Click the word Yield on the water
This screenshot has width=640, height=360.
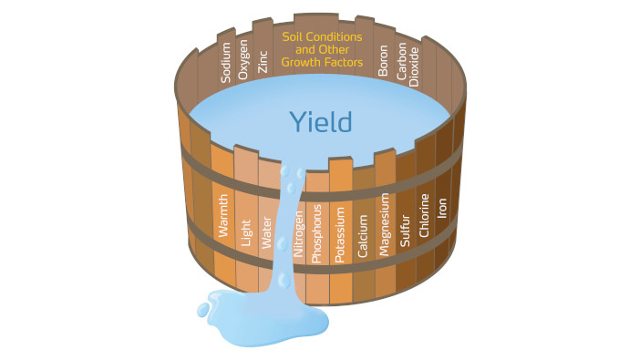pos(320,121)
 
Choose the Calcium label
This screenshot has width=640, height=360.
pos(363,231)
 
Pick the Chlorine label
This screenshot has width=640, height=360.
pos(424,215)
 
